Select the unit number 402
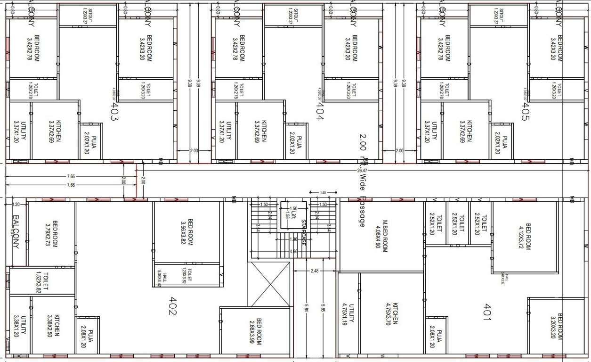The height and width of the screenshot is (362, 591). coord(173,306)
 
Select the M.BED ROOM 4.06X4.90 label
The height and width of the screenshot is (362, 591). coord(381,234)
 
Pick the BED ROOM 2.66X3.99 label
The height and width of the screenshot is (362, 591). coord(255,332)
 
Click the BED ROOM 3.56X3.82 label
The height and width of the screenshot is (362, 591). coord(187,232)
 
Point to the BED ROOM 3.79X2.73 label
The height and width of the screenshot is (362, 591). coord(51,234)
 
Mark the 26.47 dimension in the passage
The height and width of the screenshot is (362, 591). coord(362,170)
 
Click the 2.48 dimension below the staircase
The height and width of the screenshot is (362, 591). coord(315,271)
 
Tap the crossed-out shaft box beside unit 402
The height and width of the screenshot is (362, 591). coord(269,284)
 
